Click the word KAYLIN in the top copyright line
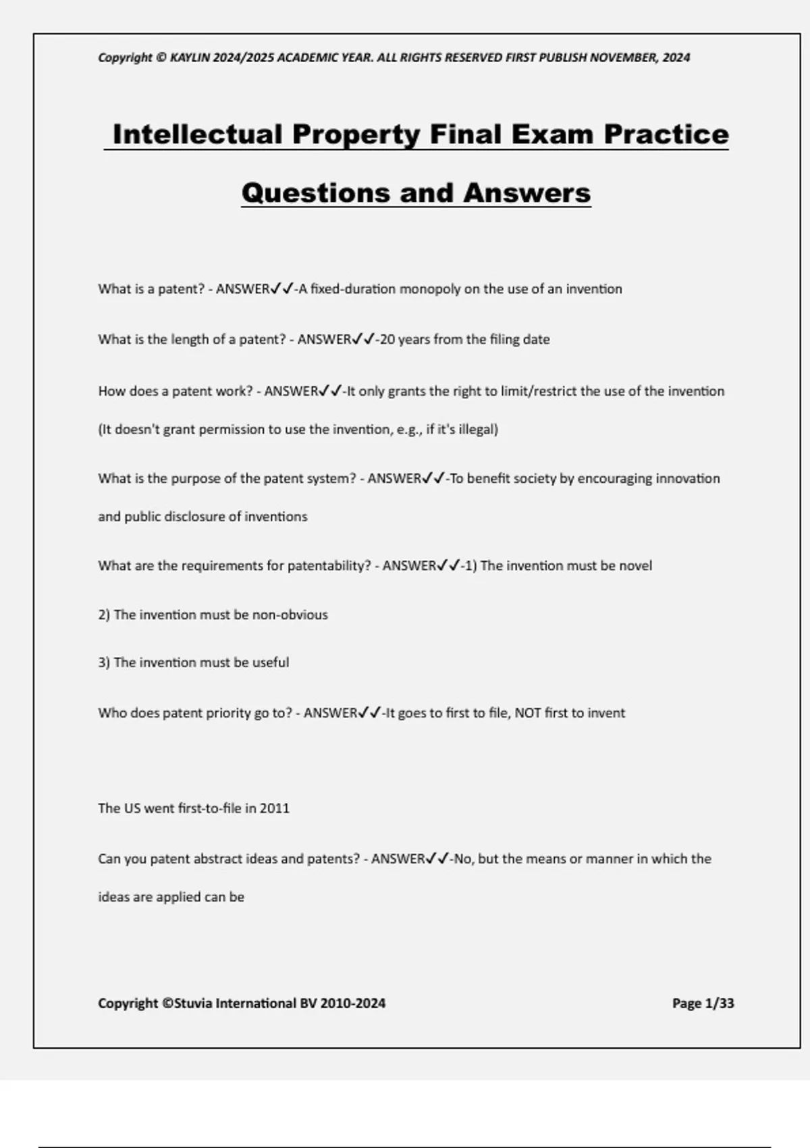pyautogui.click(x=190, y=58)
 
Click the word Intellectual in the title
pyautogui.click(x=197, y=134)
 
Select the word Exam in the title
pyautogui.click(x=553, y=134)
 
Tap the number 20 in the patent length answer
pyautogui.click(x=387, y=340)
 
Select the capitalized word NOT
pyautogui.click(x=528, y=713)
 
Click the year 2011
pyautogui.click(x=275, y=808)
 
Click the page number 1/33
pyautogui.click(x=719, y=1003)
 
